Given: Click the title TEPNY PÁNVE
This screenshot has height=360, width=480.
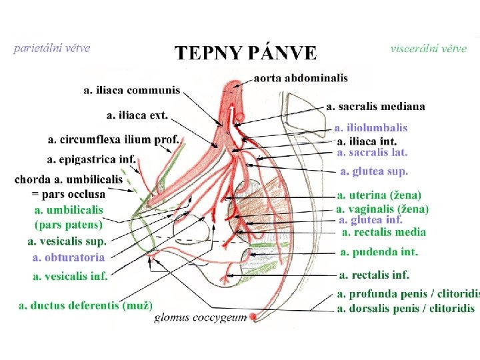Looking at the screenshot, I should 245,53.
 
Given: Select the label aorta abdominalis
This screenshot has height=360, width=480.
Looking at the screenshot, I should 301,78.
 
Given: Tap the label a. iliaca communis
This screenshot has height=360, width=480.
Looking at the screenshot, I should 132,90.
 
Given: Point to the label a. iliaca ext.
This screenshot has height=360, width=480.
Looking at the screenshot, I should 137,115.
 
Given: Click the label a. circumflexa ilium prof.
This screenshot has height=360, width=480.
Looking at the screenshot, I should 114,139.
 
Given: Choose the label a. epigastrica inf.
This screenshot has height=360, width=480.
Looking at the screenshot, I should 91,159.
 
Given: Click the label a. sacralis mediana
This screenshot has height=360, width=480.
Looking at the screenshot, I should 377,106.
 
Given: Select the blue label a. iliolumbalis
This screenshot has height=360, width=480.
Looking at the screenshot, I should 371,127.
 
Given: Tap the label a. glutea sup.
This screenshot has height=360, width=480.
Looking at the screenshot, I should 373,171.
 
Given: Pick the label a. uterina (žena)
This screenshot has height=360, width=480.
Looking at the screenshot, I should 379,195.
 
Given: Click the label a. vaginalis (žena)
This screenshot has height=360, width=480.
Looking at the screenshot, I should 383,209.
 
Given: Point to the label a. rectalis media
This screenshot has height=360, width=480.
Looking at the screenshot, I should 383,232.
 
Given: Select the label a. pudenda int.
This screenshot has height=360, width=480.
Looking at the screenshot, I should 379,252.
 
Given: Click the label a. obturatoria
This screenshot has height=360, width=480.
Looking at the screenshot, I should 69,257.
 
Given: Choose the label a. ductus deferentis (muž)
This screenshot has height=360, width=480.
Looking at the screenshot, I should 85,305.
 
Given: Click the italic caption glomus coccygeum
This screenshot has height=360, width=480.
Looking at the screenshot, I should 200,318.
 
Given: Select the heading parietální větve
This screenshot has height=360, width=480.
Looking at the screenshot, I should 52,48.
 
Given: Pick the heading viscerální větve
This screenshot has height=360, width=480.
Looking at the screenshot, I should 428,49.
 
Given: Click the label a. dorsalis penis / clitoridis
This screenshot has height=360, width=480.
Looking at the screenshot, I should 406,308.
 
